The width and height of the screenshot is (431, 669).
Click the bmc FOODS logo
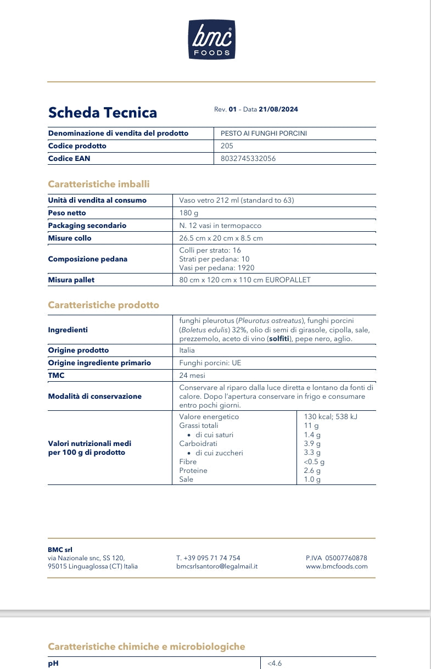coord(212,40)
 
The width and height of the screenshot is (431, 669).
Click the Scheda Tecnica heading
coord(103,113)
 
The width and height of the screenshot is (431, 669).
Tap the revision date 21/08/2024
coord(278,109)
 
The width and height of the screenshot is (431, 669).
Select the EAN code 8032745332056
coord(248,158)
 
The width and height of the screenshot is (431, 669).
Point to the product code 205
coord(227,146)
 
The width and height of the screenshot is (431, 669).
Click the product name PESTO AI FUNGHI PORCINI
coord(264,133)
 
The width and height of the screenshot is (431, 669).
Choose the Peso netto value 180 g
coord(189,213)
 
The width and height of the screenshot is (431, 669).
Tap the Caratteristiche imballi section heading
coord(99,184)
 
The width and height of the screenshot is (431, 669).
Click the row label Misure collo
coord(70,238)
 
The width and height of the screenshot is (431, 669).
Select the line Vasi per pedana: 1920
coord(217,267)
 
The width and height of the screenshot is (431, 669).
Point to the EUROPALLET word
coord(288,280)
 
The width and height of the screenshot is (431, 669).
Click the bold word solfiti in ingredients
coord(279,339)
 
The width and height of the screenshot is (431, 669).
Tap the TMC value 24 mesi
coord(192,376)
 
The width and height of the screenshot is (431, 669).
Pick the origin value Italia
coord(187,350)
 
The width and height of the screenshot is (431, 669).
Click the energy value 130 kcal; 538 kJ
coord(331,417)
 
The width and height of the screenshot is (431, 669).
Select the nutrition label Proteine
coord(193,471)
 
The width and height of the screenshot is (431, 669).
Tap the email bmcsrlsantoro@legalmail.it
coord(217,566)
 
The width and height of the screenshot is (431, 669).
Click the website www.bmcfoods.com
coord(337,566)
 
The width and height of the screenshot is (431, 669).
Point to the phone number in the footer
coord(208,557)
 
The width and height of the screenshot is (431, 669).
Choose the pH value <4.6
coord(275,664)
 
